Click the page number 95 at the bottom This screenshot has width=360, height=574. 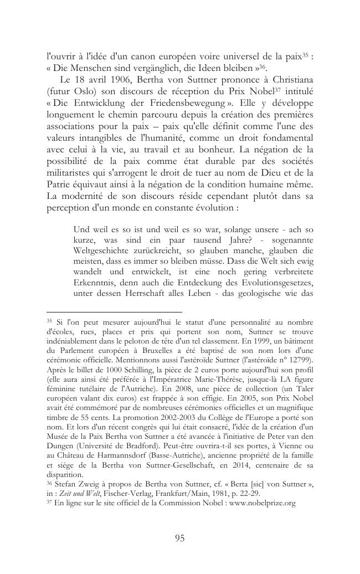click(179, 538)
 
